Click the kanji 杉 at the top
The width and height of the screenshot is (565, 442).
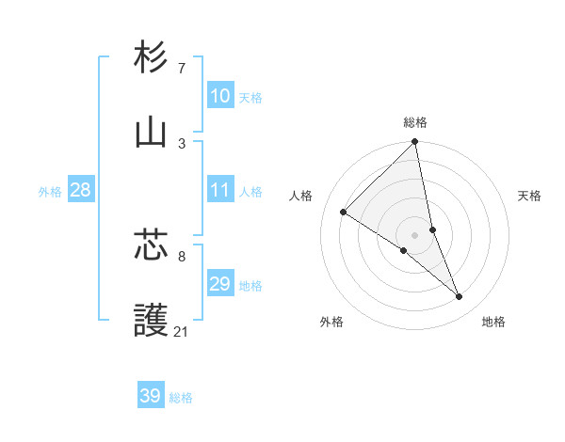(x=152, y=58)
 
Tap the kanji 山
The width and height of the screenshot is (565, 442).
(x=152, y=133)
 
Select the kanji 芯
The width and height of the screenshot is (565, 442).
(x=152, y=245)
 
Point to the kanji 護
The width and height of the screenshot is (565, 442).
(x=152, y=321)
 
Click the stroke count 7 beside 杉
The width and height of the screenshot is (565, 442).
(x=182, y=69)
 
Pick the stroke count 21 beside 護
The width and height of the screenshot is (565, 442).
(x=181, y=332)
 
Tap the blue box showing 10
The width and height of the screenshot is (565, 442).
(x=219, y=96)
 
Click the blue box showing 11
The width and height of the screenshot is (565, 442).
(x=219, y=190)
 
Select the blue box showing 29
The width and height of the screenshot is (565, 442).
(x=219, y=284)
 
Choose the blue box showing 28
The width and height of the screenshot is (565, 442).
(x=80, y=190)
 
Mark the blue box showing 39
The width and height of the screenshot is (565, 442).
(x=150, y=396)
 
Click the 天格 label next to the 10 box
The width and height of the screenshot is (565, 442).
(x=250, y=98)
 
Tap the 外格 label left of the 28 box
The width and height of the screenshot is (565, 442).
(x=50, y=192)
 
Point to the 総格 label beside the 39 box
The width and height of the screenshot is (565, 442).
(x=181, y=398)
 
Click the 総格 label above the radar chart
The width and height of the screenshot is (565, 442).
(x=415, y=122)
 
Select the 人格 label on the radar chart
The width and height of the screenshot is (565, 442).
(x=301, y=196)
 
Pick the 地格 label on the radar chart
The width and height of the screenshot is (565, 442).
(x=493, y=323)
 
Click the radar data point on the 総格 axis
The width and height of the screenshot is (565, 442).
(x=415, y=143)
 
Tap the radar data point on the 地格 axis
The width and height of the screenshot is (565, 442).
(x=460, y=296)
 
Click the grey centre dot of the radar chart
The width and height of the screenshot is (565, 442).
(x=415, y=235)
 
